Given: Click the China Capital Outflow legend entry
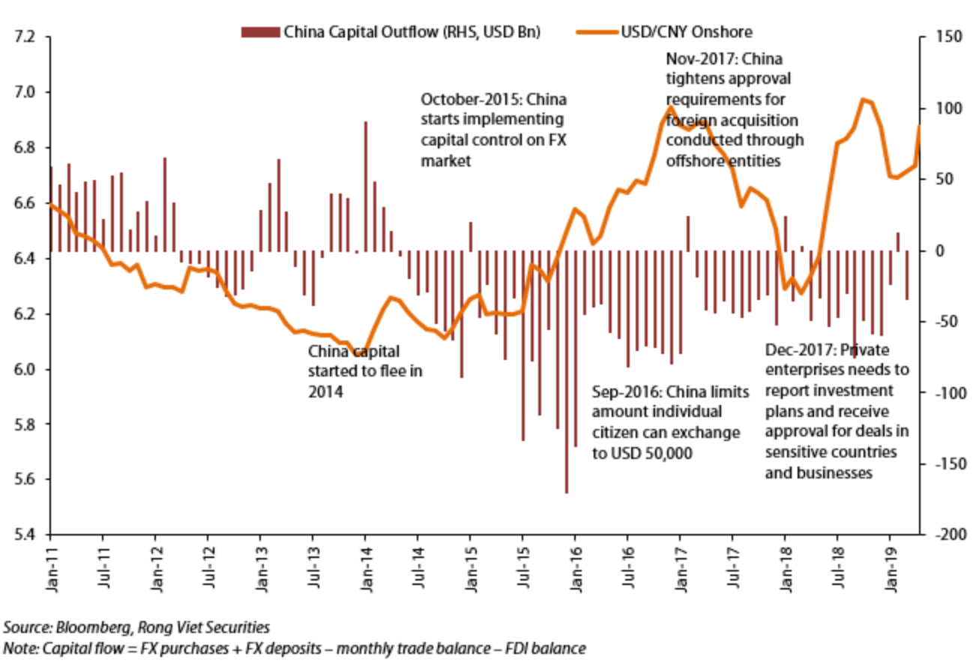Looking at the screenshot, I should pos(390,32).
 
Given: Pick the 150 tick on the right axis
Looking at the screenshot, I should pos(946,37).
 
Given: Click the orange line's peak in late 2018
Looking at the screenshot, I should pos(863,99).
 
